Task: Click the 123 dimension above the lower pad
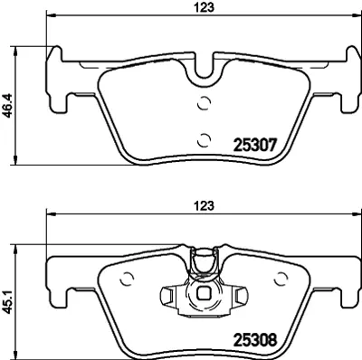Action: (206, 206)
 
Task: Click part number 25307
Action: (255, 143)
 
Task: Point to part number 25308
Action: (255, 342)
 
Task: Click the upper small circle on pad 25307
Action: (204, 102)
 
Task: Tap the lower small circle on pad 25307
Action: (204, 138)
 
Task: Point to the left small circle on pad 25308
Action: (127, 279)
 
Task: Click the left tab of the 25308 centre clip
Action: (168, 295)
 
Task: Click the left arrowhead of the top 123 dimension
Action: (49, 16)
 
